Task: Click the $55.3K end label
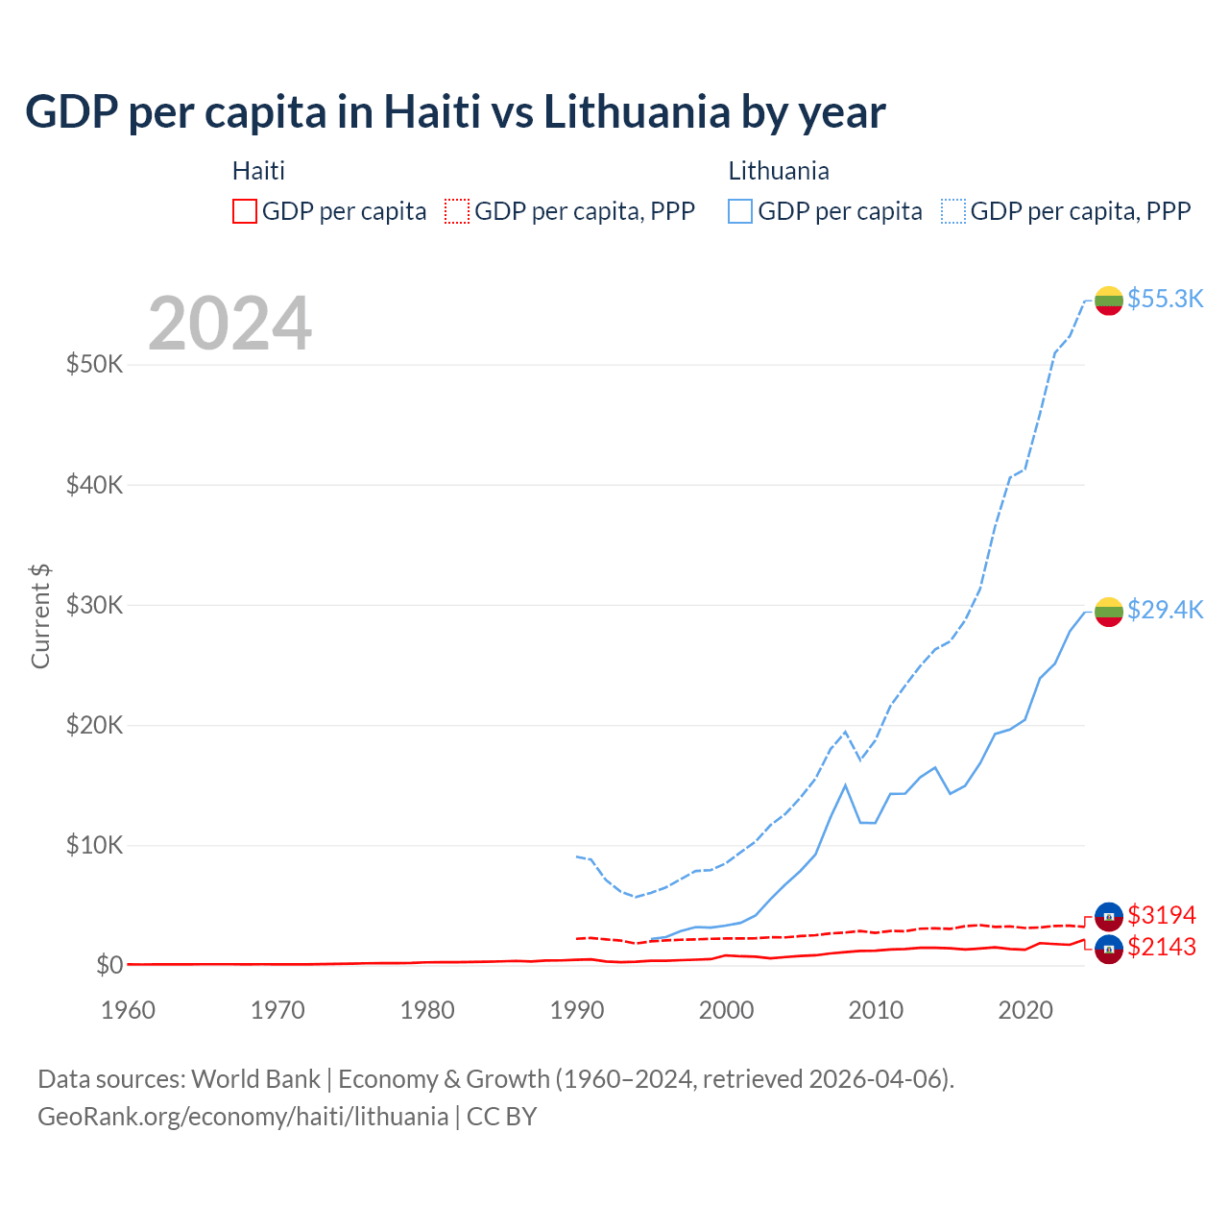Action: (1165, 299)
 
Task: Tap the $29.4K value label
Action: (1165, 610)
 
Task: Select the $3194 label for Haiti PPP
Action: (1162, 915)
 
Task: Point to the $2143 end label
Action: (1162, 947)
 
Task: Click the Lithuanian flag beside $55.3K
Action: (1109, 301)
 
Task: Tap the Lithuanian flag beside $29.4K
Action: (1109, 612)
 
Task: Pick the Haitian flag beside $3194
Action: (1109, 917)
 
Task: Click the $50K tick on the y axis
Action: (94, 365)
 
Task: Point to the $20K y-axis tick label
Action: (94, 725)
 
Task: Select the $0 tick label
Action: (109, 965)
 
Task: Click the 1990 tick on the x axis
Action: (577, 1010)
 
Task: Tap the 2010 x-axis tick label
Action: (876, 1010)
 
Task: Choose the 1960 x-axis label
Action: (129, 1010)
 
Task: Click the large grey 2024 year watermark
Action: (229, 324)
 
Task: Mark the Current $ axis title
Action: (40, 616)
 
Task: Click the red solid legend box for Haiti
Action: (245, 211)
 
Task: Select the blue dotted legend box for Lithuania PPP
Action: (953, 211)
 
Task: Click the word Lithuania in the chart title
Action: (637, 112)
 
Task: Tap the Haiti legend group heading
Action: (258, 171)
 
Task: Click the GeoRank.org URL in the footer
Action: (243, 1117)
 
